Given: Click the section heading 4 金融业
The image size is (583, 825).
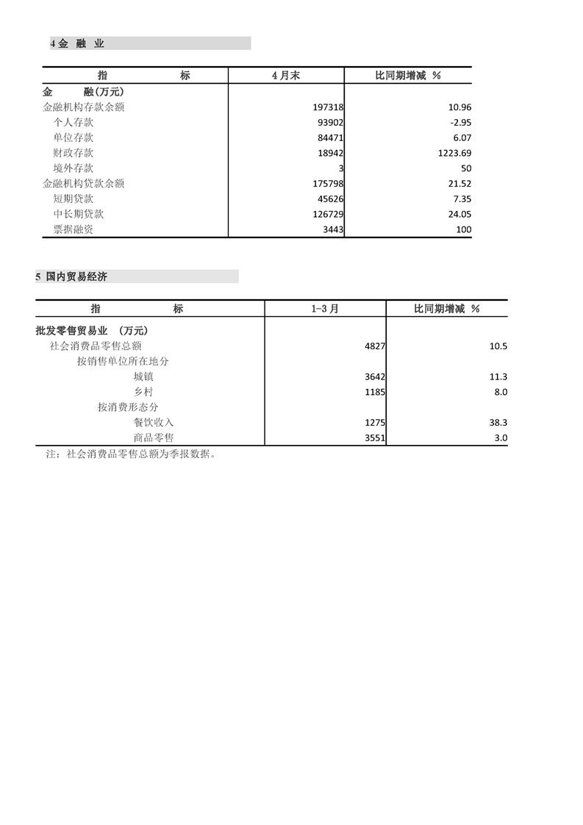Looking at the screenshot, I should coord(78,44).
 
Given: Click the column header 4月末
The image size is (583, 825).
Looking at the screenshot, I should coord(286,76).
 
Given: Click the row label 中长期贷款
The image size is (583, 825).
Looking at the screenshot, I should coord(79,214).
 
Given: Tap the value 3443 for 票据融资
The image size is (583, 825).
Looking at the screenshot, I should coord(333,229).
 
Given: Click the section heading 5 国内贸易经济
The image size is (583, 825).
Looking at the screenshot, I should coord(72,277).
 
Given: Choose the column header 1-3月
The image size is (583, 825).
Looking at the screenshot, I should coord(325,310).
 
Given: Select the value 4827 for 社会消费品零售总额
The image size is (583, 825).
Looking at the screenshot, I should coord(375,346).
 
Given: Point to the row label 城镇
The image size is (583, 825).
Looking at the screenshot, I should coord(143,376).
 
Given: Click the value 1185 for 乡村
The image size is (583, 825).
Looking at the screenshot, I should coord(375,392).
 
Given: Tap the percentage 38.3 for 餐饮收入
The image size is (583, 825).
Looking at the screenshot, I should coord(497,423).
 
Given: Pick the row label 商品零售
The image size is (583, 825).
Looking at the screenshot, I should coord(154,438).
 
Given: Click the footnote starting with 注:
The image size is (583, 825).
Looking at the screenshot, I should coord(131,454).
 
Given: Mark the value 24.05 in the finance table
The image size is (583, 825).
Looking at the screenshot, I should coord(457,214).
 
